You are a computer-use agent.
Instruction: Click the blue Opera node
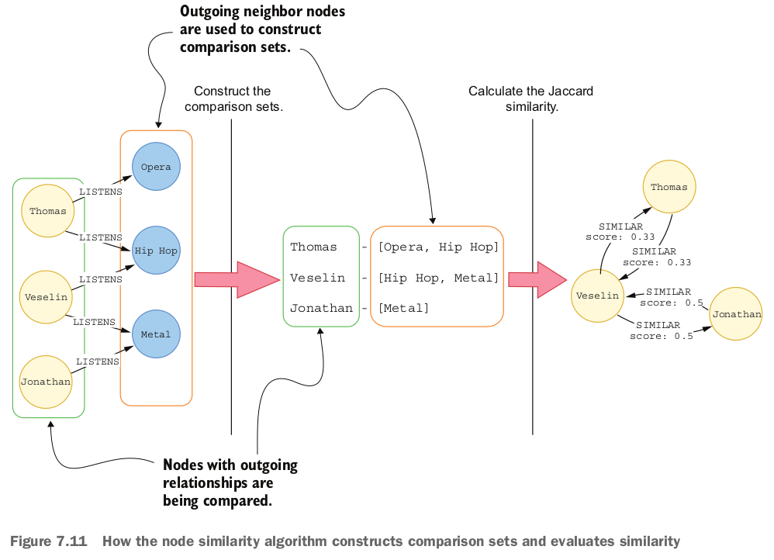[x=156, y=167]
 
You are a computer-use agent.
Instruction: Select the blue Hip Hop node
[x=156, y=251]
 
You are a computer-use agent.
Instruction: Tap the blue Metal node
[x=156, y=334]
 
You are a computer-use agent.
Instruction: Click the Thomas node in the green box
[x=47, y=211]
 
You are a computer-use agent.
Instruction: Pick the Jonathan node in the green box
[x=46, y=382]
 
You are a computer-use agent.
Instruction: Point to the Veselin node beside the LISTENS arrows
[x=46, y=296]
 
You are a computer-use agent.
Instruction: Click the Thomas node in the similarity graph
[x=669, y=187]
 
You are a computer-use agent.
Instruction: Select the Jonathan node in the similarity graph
[x=736, y=314]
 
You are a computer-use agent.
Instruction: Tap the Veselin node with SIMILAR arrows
[x=598, y=296]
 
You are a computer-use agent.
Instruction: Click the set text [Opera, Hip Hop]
[x=437, y=247]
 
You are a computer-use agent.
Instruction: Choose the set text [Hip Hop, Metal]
[x=437, y=278]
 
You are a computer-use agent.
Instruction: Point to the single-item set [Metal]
[x=403, y=308]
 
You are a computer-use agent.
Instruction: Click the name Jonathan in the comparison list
[x=321, y=308]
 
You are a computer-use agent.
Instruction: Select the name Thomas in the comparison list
[x=313, y=247]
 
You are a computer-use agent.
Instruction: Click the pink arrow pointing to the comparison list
[x=236, y=278]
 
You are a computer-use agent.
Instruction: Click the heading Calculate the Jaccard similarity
[x=530, y=99]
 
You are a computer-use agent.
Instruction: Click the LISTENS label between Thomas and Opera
[x=101, y=192]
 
